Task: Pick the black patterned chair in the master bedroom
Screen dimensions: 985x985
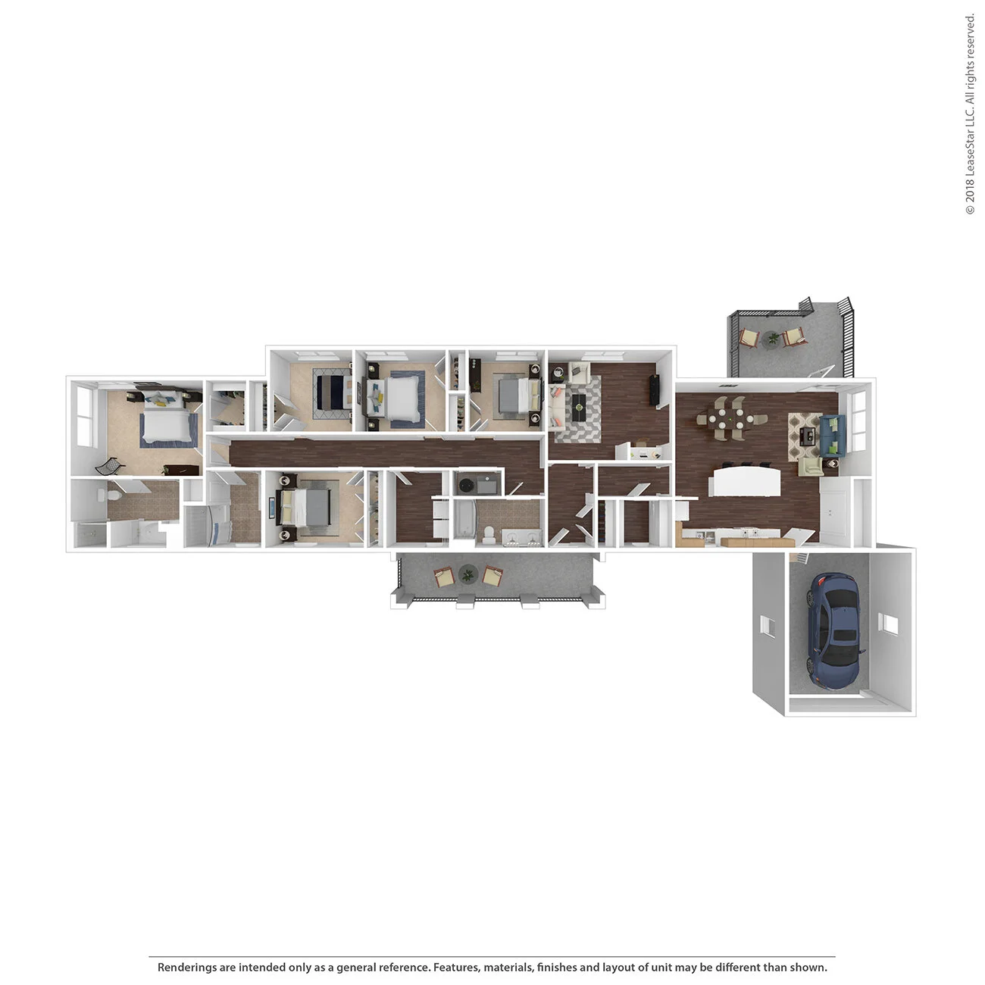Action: click(108, 466)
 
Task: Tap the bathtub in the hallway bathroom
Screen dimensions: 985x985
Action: click(462, 521)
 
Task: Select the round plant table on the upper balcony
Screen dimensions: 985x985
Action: click(772, 338)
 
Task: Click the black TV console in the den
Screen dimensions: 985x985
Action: click(655, 391)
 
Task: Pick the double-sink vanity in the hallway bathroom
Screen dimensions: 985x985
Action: click(523, 539)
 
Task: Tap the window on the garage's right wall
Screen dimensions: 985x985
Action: click(887, 624)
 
